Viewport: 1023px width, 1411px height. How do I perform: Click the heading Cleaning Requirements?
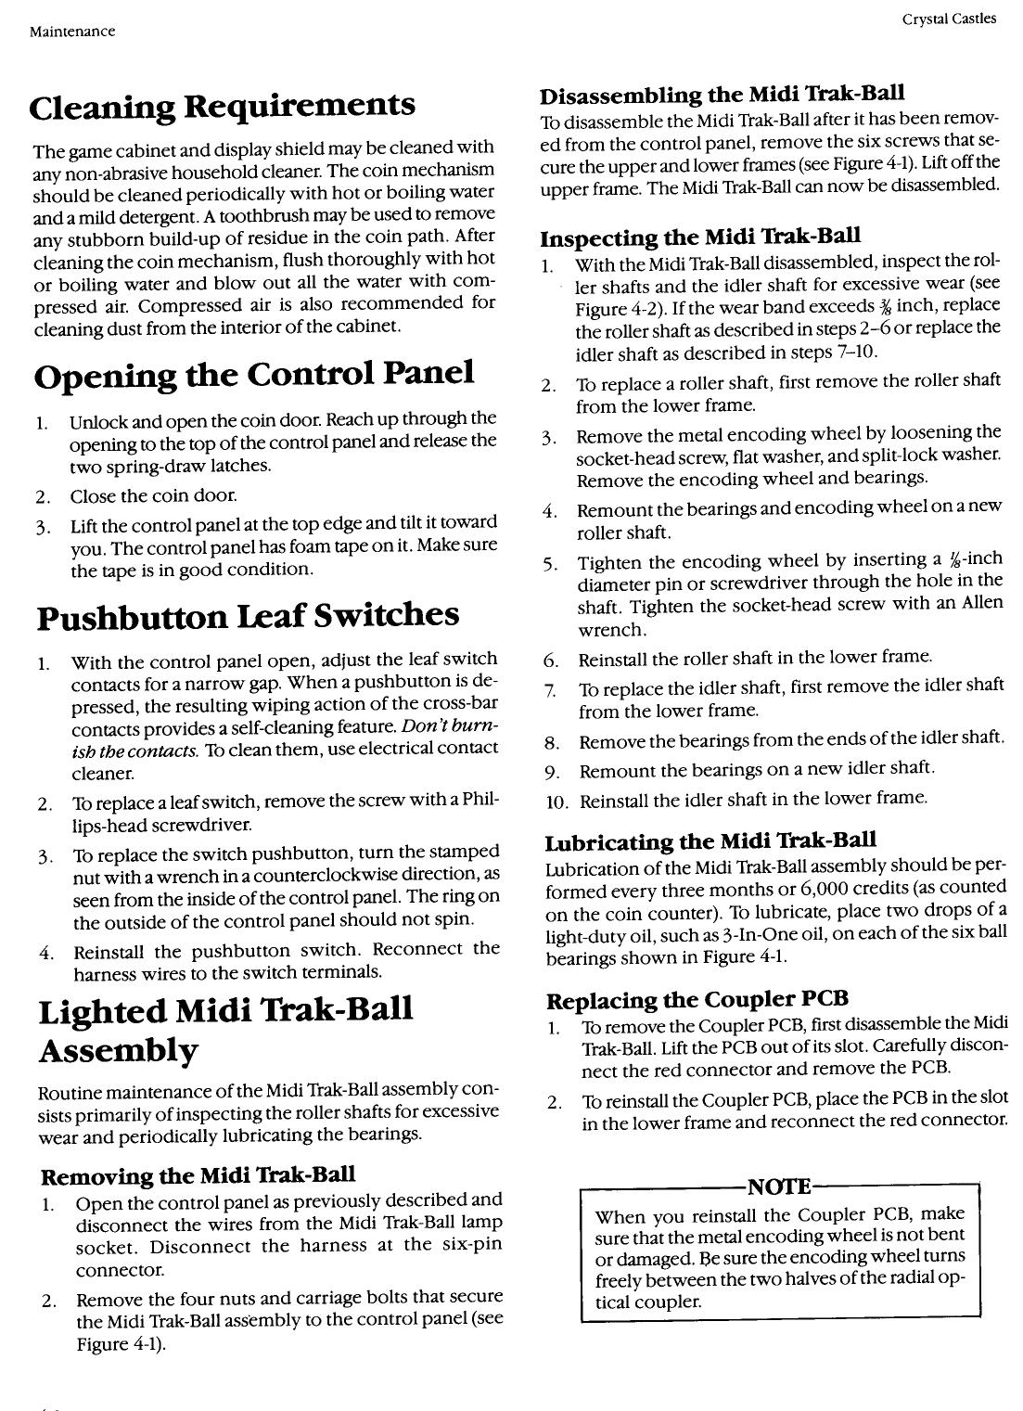click(222, 107)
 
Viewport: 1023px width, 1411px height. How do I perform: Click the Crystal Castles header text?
click(948, 18)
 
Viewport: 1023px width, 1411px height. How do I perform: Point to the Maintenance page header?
click(72, 32)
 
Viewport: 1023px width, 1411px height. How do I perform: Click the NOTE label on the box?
click(779, 1187)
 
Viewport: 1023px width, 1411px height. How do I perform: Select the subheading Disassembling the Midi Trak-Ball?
click(722, 95)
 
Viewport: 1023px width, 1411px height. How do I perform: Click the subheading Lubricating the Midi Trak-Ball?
click(710, 840)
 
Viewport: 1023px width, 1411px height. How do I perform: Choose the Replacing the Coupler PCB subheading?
click(697, 999)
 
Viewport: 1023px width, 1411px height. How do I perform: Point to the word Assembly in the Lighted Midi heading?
click(118, 1051)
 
